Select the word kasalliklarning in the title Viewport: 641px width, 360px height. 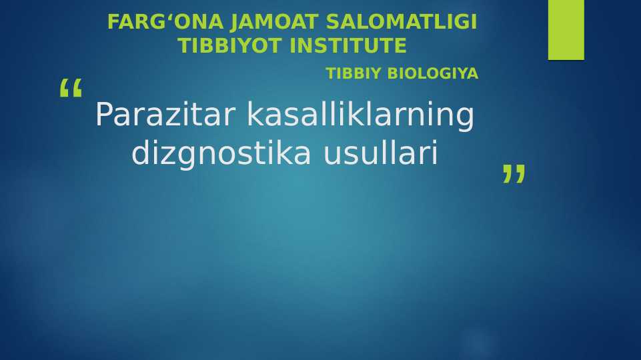click(x=360, y=115)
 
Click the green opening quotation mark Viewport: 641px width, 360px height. click(x=70, y=89)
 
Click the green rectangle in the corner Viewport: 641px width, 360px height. click(x=566, y=29)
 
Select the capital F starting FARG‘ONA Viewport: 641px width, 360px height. click(x=113, y=22)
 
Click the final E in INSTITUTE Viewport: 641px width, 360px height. click(x=401, y=46)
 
